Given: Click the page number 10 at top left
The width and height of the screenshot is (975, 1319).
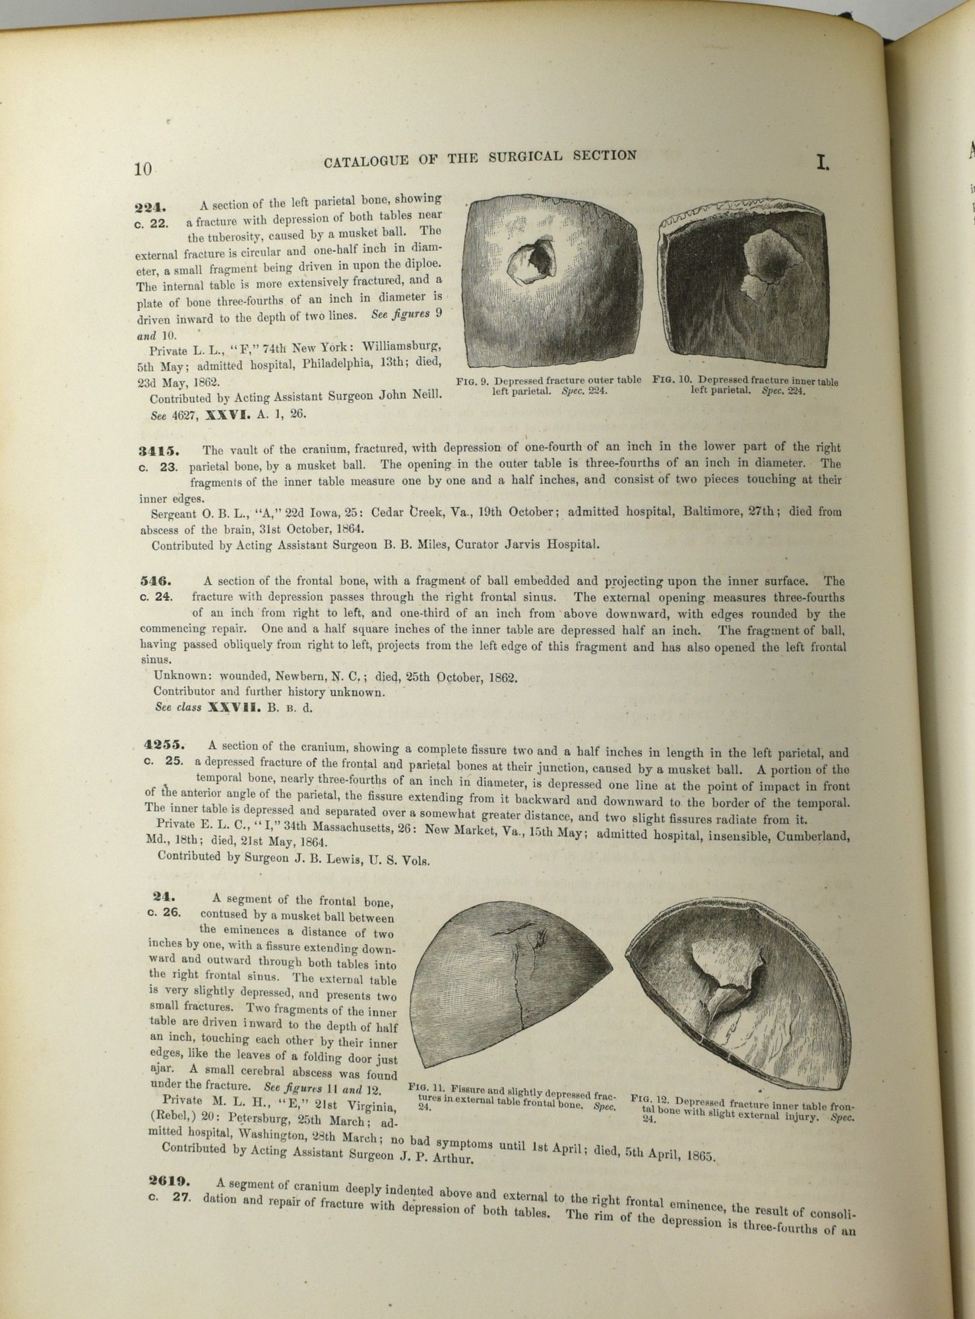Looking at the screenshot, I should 143,169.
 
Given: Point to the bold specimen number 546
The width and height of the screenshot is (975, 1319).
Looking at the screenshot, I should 156,581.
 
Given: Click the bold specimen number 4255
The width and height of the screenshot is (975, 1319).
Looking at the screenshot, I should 165,746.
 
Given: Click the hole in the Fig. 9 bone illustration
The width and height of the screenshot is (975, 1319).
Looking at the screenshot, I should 531,262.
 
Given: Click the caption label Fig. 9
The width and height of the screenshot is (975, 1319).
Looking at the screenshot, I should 472,381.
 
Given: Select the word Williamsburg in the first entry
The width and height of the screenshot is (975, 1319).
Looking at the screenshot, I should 402,346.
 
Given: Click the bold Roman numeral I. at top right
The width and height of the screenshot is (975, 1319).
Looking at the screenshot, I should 822,162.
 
